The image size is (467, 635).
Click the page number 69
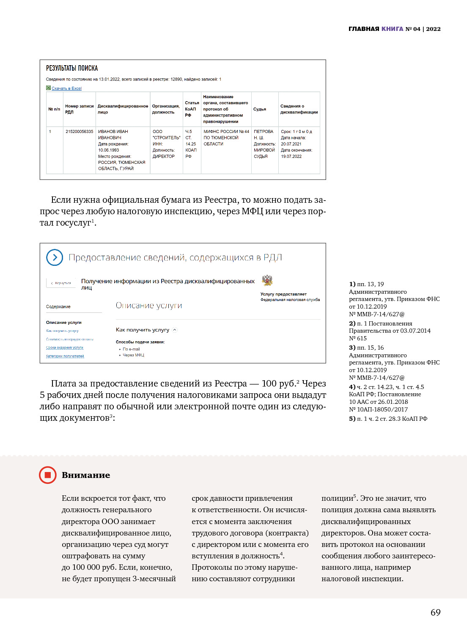435,612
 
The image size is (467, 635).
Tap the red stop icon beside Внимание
47,475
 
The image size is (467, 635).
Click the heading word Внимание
86,475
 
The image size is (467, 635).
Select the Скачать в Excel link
66,88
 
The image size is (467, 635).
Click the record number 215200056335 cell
79,132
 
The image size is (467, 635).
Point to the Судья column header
260,109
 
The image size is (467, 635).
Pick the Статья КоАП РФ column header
192,109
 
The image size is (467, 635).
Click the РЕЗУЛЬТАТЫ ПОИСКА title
72,68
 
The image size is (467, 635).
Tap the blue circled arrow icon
55,257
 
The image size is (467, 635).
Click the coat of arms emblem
267,280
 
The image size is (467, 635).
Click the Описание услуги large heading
149,306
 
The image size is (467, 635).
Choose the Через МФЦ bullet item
133,355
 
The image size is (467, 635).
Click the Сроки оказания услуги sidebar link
65,348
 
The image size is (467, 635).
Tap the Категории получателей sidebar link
65,356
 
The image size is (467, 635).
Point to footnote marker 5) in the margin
352,419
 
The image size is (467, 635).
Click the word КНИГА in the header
392,29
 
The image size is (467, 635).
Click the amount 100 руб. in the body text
279,384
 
